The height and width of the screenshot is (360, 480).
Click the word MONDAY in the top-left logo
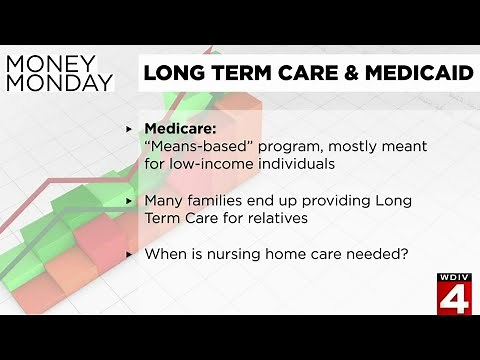(59, 82)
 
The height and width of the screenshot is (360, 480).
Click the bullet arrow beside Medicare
(129, 130)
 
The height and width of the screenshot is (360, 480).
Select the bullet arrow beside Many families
(129, 200)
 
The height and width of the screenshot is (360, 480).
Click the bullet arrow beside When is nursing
(129, 254)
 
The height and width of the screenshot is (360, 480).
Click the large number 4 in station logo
(451, 297)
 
